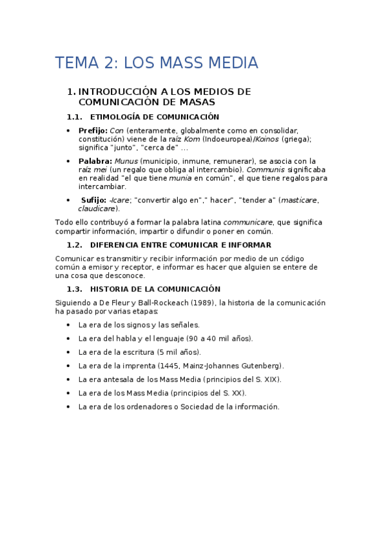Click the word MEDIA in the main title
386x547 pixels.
pyautogui.click(x=230, y=63)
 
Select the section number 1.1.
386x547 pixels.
pyautogui.click(x=75, y=117)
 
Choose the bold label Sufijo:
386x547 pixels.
pyautogui.click(x=94, y=200)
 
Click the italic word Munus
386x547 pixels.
pyautogui.click(x=126, y=161)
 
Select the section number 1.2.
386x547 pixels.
pyautogui.click(x=75, y=245)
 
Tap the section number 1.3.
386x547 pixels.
pyautogui.click(x=75, y=289)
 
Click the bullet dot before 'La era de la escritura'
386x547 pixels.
pyautogui.click(x=69, y=352)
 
